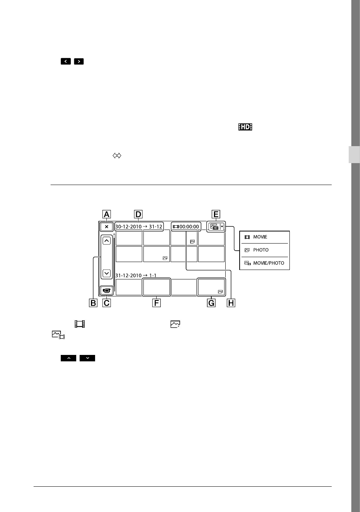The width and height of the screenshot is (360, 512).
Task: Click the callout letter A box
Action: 106,214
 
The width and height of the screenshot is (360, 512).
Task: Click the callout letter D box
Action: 138,214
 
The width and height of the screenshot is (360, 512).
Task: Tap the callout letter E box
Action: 216,214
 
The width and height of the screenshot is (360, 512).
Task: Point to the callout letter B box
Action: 93,303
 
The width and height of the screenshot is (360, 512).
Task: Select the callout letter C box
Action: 106,303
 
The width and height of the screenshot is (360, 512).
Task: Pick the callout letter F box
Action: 157,303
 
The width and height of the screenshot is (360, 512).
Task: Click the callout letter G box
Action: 211,303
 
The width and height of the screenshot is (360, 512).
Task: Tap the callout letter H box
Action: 231,303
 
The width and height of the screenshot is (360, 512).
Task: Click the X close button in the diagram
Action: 106,227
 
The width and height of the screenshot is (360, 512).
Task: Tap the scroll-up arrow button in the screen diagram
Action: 107,241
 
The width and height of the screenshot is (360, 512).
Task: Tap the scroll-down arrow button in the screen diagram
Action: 107,273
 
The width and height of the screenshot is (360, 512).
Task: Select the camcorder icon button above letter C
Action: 106,290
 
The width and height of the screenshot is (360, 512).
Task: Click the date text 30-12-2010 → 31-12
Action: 139,227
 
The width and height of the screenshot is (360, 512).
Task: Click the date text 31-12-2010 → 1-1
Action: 136,275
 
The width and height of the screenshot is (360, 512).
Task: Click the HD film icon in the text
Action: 245,127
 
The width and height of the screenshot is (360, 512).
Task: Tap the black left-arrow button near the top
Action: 66,61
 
